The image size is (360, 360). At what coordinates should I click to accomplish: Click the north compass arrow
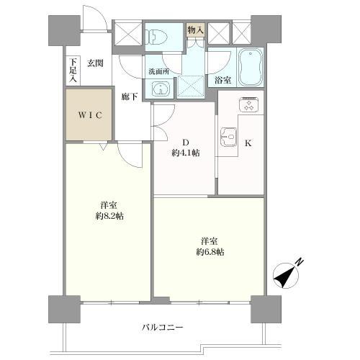(x=287, y=273)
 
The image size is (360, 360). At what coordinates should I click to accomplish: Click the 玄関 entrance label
(x=96, y=63)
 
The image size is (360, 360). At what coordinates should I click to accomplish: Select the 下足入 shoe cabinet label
(x=73, y=69)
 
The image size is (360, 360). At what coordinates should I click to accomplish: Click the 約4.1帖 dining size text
(x=186, y=153)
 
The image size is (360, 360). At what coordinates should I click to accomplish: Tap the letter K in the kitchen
(x=248, y=143)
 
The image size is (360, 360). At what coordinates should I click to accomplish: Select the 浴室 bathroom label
(x=222, y=81)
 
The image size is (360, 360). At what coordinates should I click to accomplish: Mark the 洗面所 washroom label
(x=158, y=71)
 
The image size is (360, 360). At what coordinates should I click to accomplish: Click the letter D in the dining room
(x=184, y=141)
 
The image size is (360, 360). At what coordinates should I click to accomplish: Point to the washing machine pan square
(x=191, y=86)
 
